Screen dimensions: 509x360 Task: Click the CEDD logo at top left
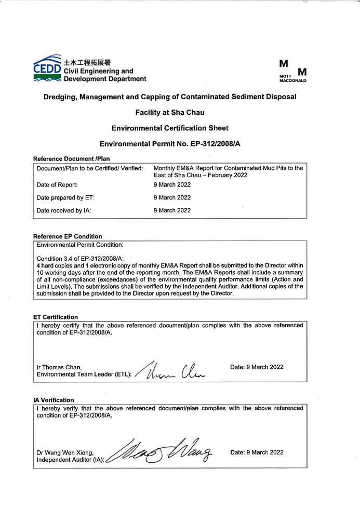pyautogui.click(x=48, y=68)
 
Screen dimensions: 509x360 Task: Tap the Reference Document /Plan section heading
pyautogui.click(x=71, y=158)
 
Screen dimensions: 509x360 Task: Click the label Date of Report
pyautogui.click(x=57, y=185)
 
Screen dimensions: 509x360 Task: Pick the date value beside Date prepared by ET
pyautogui.click(x=172, y=197)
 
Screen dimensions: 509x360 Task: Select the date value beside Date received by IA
pyautogui.click(x=172, y=210)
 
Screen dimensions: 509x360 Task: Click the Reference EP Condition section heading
pyautogui.click(x=67, y=236)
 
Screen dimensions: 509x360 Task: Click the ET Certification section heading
pyautogui.click(x=55, y=317)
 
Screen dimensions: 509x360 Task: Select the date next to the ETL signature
pyautogui.click(x=257, y=367)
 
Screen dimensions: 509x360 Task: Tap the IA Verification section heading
pyautogui.click(x=53, y=400)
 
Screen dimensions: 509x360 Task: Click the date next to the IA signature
pyautogui.click(x=257, y=452)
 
